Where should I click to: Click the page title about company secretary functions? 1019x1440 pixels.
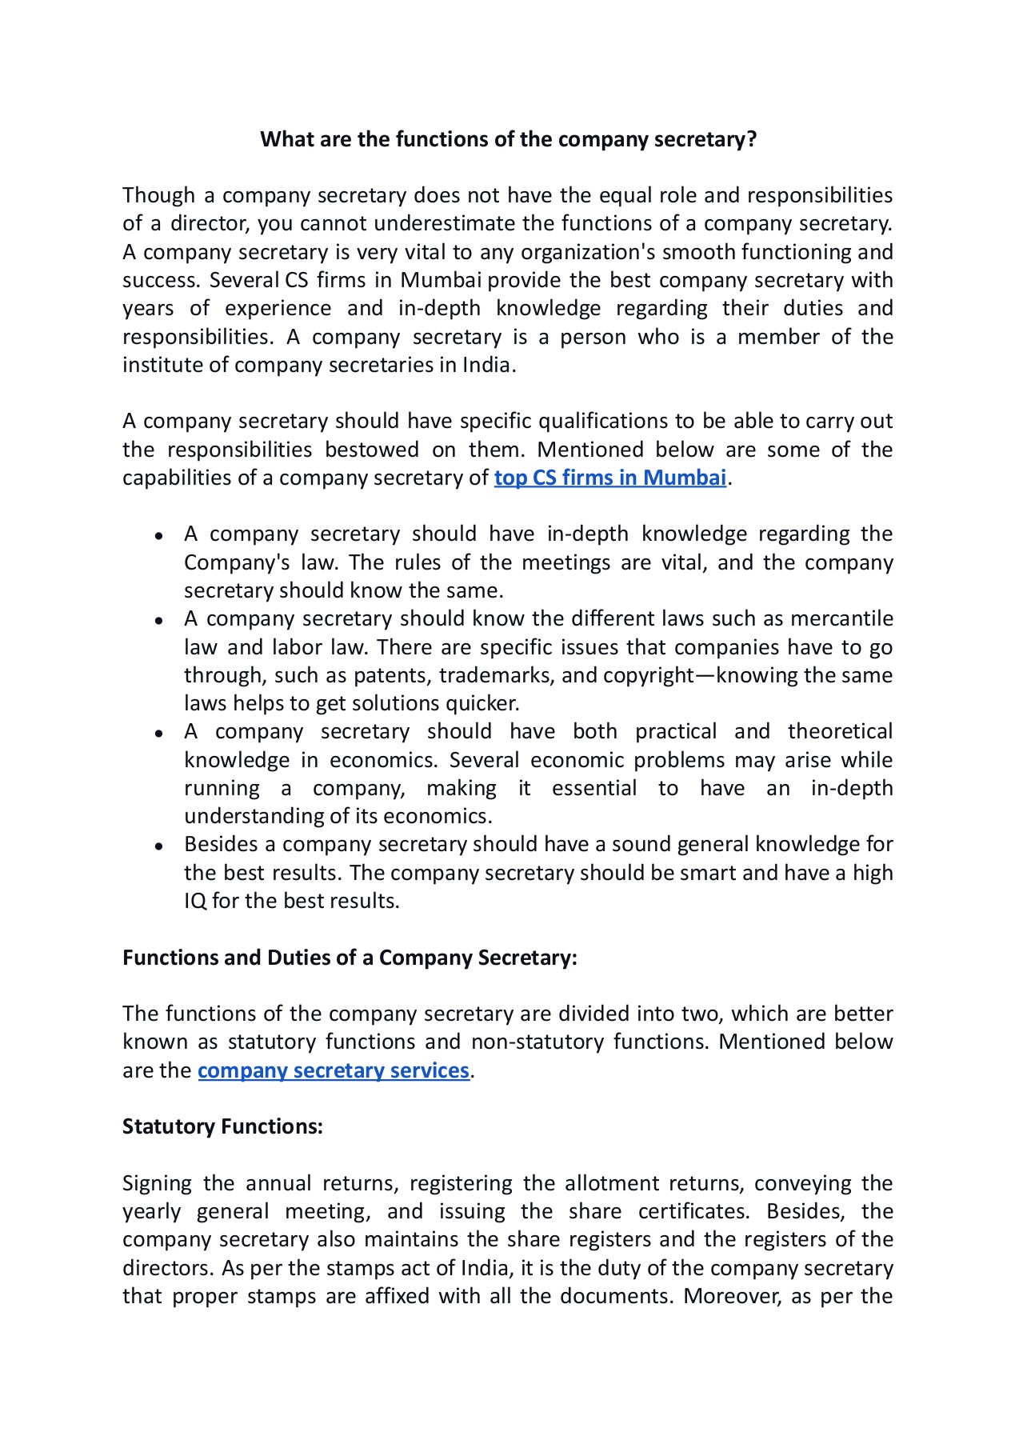(x=508, y=140)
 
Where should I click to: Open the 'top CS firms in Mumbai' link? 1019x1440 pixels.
(x=609, y=478)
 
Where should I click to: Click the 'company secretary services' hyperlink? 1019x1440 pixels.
(x=333, y=1070)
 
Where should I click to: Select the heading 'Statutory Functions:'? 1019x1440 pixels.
(x=222, y=1126)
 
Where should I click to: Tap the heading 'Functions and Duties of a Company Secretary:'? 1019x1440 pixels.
(x=350, y=958)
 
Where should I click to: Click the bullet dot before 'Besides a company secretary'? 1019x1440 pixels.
(x=160, y=846)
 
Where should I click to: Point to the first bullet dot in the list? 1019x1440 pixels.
(x=160, y=535)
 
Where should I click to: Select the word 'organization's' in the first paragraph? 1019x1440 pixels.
(x=588, y=252)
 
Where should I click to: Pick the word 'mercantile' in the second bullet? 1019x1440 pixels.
(x=841, y=618)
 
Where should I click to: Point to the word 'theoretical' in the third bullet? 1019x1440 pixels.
(x=840, y=731)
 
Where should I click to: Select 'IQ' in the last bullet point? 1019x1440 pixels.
(x=195, y=901)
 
